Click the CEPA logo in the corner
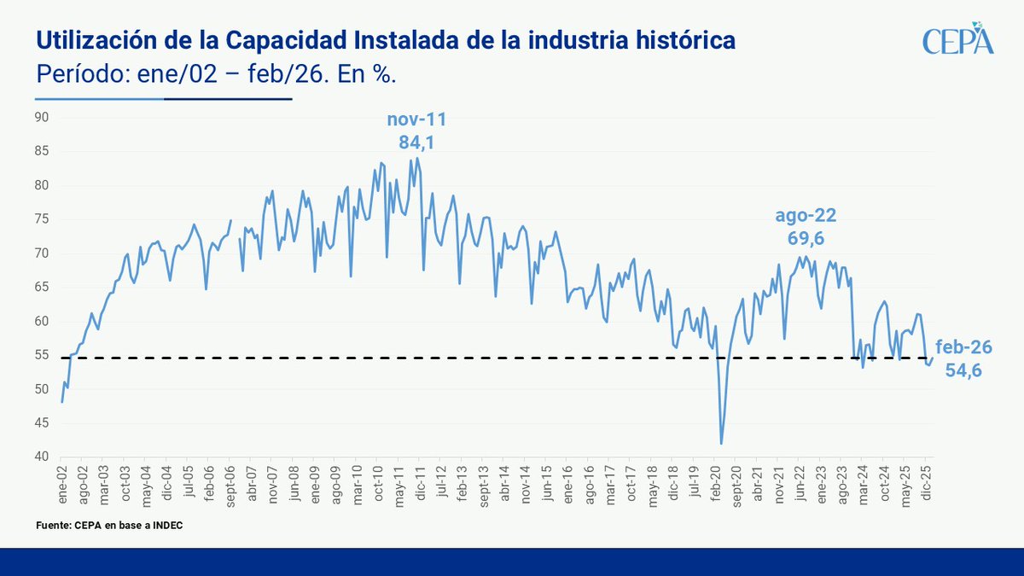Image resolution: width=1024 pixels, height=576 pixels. (958, 40)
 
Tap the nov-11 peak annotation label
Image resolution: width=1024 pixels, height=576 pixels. (416, 120)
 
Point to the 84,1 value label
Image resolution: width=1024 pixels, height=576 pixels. (416, 143)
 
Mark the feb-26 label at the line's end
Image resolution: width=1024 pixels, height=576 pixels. (963, 347)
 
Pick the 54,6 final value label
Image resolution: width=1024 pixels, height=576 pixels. (963, 369)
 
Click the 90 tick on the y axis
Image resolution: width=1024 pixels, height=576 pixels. (42, 117)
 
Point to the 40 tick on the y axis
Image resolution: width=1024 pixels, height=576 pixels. (42, 457)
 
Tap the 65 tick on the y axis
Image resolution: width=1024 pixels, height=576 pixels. (42, 288)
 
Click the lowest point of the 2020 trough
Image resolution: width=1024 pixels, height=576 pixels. (721, 443)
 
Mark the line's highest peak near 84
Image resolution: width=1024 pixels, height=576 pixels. (416, 158)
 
